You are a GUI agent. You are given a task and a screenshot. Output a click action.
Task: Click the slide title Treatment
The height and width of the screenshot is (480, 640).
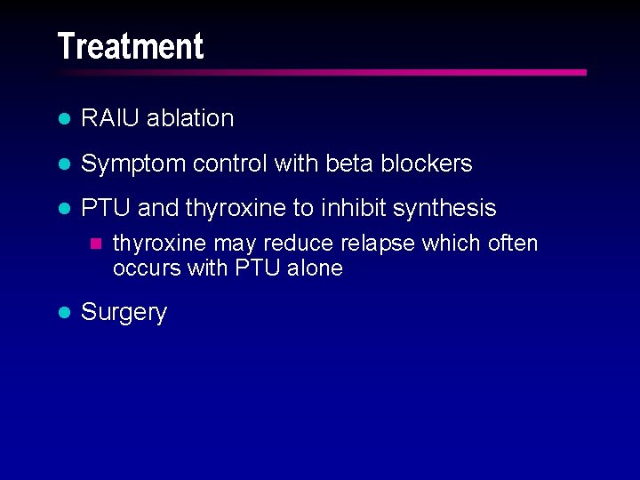tap(130, 46)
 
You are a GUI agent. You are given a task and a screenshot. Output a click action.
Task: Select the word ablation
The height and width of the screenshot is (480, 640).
tap(190, 118)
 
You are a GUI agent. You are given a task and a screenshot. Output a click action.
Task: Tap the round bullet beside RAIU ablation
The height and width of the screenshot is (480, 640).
tap(63, 119)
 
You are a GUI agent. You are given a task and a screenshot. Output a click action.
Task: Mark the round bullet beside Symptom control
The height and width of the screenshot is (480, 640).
tap(63, 164)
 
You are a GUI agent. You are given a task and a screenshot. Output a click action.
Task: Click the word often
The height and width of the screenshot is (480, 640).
tap(513, 244)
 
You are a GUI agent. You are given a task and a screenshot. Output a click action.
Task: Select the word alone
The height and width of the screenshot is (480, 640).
tap(314, 268)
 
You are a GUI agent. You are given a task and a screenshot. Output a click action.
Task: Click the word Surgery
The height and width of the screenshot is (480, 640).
tap(124, 312)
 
